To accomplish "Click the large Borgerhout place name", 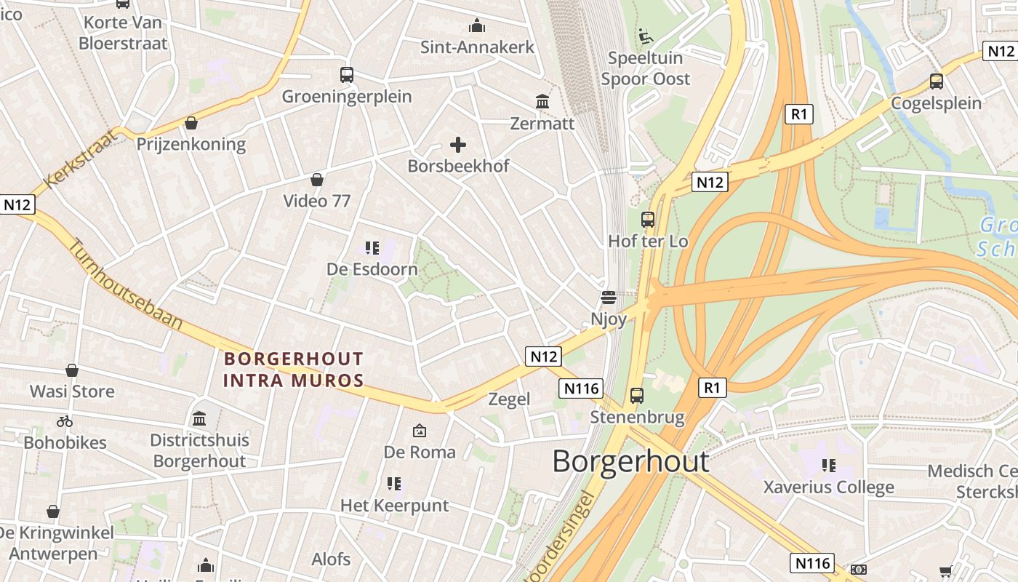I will (630, 461).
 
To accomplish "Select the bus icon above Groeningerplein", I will (347, 74).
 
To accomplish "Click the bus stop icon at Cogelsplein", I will (937, 81).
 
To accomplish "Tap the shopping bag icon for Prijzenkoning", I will (191, 122).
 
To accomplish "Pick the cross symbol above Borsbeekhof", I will (458, 145).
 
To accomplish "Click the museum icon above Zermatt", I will (542, 102).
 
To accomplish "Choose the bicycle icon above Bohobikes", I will (65, 421).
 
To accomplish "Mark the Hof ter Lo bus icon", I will (647, 219).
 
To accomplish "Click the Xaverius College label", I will (828, 487).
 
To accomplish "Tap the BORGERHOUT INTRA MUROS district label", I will (293, 370).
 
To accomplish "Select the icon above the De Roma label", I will (420, 431).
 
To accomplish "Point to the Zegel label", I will (509, 399).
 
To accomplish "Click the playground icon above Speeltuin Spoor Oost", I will (645, 36).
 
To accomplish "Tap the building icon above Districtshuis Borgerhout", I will (199, 418).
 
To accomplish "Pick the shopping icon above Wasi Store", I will (72, 370).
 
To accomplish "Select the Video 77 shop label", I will (317, 201).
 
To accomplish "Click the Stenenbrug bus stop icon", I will (637, 396).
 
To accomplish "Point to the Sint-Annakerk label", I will (477, 47).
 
